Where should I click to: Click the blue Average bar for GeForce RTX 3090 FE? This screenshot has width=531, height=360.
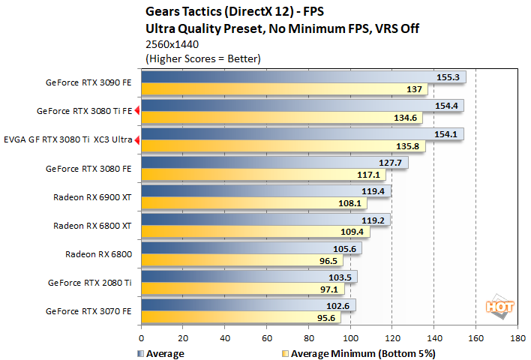pyautogui.click(x=300, y=76)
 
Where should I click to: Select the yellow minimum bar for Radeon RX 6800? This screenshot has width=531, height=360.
pyautogui.click(x=240, y=261)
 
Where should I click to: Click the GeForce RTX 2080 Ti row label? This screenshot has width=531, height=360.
pyautogui.click(x=88, y=283)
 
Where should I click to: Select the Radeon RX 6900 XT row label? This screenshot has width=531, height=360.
pyautogui.click(x=92, y=197)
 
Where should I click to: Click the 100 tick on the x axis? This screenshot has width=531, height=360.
pyautogui.click(x=350, y=338)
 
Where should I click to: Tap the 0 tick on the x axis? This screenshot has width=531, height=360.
pyautogui.click(x=141, y=338)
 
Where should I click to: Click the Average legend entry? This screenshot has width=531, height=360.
pyautogui.click(x=161, y=352)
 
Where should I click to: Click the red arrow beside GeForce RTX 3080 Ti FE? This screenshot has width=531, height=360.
pyautogui.click(x=137, y=111)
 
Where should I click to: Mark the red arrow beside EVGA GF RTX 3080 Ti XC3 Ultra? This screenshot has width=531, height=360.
pyautogui.click(x=137, y=139)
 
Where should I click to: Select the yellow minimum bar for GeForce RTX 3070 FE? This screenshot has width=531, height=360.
pyautogui.click(x=240, y=318)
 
